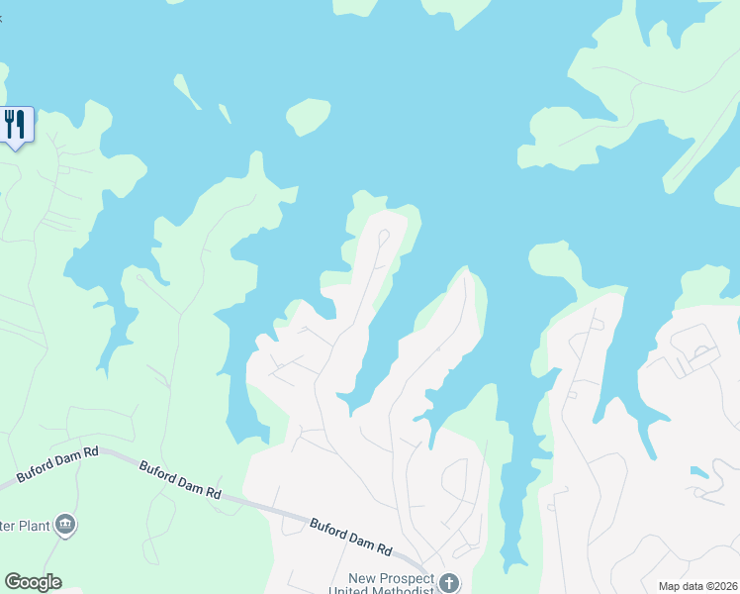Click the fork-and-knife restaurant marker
tap(17, 125)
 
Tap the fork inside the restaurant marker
tap(10, 123)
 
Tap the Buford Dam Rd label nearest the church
tap(351, 537)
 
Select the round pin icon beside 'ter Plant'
tap(65, 524)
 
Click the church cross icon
tap(449, 582)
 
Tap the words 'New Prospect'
tap(392, 578)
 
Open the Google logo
tap(33, 582)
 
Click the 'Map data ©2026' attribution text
tap(697, 586)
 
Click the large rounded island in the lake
tap(309, 116)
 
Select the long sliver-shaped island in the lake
tap(187, 92)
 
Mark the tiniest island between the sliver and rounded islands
tap(225, 114)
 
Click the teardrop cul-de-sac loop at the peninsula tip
tap(383, 237)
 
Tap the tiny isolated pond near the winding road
tap(700, 472)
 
